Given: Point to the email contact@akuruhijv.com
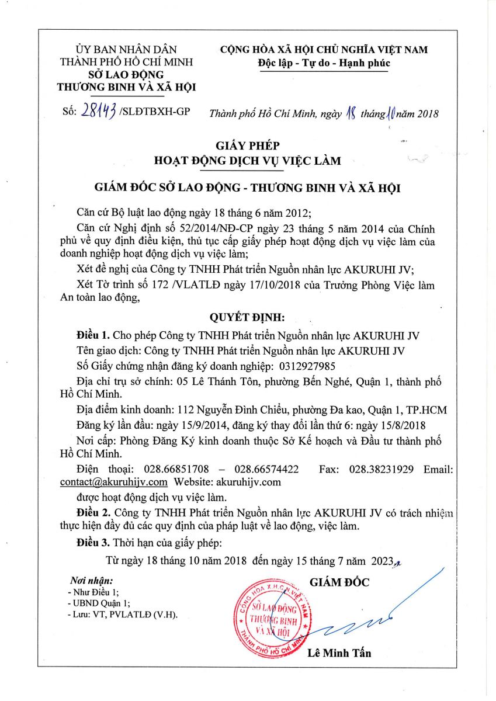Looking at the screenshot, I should click(114, 482).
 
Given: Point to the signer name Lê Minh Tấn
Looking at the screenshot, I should click(339, 653).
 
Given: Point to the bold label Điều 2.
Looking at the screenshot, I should click(93, 512).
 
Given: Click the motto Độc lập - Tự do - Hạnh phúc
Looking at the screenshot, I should click(324, 63).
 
